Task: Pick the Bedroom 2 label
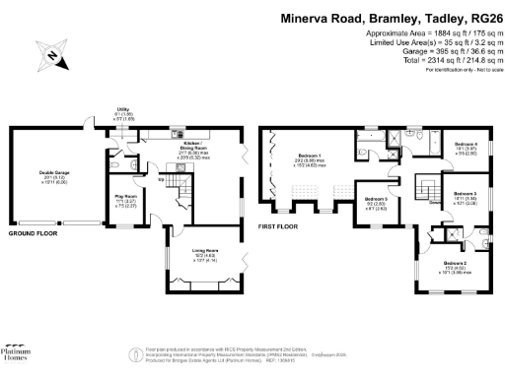pos(455,264)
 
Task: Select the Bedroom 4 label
pos(466,147)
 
